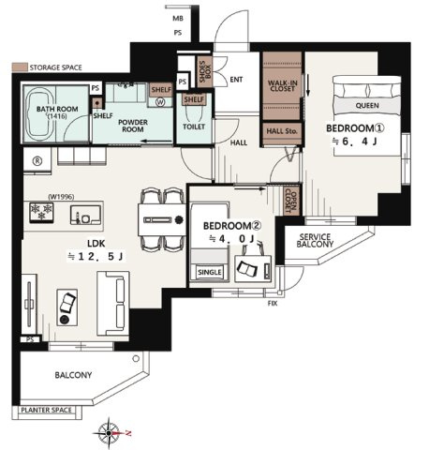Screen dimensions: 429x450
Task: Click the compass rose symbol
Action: (109, 433)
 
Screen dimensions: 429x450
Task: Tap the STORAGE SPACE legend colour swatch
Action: (20, 67)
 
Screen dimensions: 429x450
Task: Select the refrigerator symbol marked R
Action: (37, 161)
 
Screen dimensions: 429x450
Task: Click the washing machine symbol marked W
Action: (161, 102)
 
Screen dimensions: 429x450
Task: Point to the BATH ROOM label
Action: (57, 109)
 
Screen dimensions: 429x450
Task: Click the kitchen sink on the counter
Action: (85, 215)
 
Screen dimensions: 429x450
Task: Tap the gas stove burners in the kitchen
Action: (41, 212)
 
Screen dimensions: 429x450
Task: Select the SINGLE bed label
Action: (210, 272)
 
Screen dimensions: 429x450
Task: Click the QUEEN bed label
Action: (367, 106)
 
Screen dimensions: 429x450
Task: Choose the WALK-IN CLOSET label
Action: (282, 86)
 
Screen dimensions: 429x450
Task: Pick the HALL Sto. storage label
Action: (282, 131)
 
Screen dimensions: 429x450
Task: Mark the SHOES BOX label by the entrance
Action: (205, 72)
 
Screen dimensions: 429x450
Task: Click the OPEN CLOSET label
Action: (291, 201)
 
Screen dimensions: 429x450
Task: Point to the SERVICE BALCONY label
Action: (315, 241)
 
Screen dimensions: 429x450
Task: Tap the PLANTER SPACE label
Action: (46, 410)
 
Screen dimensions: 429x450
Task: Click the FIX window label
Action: (273, 303)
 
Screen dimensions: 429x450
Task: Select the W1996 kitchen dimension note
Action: (61, 197)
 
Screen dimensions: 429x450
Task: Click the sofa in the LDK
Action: (113, 304)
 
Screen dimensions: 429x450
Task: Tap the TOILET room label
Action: (194, 127)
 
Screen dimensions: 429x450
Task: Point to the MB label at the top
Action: (178, 19)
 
